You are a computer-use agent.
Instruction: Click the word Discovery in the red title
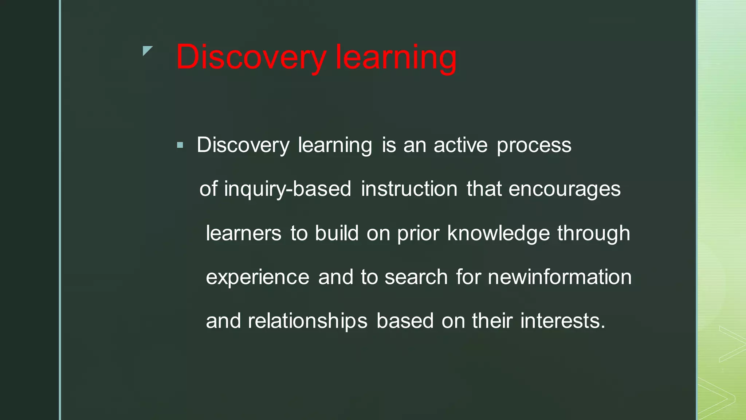(x=251, y=57)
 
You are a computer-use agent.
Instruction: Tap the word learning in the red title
(x=396, y=57)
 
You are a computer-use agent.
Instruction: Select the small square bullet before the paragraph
(x=180, y=145)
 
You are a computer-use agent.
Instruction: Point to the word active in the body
(x=460, y=145)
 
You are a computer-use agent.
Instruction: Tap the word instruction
(x=409, y=189)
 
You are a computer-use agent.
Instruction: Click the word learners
(x=243, y=233)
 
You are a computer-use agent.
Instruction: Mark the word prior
(x=418, y=234)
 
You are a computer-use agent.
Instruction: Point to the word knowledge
(x=498, y=233)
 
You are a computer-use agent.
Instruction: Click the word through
(x=593, y=233)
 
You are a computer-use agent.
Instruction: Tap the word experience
(x=258, y=277)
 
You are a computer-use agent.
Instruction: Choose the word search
(x=416, y=277)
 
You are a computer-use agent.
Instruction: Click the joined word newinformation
(x=559, y=277)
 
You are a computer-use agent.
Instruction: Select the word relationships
(x=307, y=321)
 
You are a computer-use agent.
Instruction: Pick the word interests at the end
(x=562, y=321)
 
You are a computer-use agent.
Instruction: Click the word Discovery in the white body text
(x=243, y=145)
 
